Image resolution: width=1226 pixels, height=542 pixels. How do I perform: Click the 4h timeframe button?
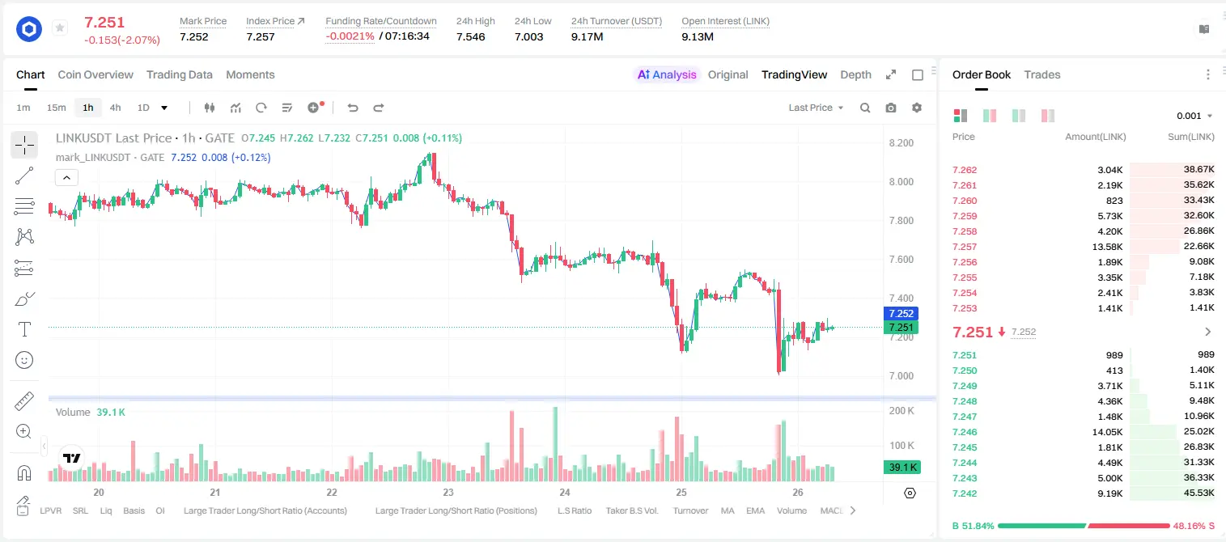[x=115, y=108]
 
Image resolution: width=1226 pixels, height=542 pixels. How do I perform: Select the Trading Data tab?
[x=179, y=74]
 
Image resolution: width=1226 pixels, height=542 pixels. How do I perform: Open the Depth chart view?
[x=855, y=74]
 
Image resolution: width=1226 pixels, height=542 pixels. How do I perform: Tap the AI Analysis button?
[x=667, y=74]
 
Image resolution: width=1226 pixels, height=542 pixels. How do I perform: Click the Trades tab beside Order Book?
[x=1042, y=74]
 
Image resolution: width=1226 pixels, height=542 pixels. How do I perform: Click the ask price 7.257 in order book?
[x=965, y=247]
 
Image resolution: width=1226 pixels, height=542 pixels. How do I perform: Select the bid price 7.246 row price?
[x=965, y=431]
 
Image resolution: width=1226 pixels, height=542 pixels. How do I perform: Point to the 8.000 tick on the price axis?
[x=901, y=181]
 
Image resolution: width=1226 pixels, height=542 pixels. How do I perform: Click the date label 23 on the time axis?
[x=448, y=492]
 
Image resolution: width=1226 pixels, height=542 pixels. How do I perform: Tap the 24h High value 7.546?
[x=471, y=36]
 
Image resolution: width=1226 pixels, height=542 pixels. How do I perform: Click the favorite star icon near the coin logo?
[x=60, y=28]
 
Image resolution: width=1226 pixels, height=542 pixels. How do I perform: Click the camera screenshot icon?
[x=891, y=108]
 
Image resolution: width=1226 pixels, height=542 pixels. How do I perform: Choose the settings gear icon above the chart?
[x=917, y=108]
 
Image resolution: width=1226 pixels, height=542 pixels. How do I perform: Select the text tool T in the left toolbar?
[x=24, y=329]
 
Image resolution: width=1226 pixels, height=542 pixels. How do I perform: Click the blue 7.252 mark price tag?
[x=901, y=313]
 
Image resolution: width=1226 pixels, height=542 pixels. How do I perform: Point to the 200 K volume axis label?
[x=901, y=411]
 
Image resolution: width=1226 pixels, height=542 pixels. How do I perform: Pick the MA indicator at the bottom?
[x=728, y=510]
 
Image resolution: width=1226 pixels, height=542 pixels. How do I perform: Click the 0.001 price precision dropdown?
[x=1193, y=116]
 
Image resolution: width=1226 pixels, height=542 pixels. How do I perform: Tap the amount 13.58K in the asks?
[x=1107, y=247]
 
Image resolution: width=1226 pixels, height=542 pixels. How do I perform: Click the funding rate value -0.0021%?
[x=350, y=36]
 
